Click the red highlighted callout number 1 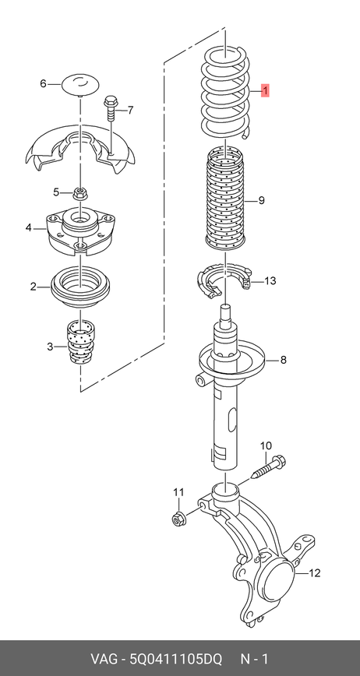point(266,91)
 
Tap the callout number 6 point(43,83)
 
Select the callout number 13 point(270,281)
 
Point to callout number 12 point(315,573)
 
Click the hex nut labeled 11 point(178,519)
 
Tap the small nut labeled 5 point(79,192)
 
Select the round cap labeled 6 point(80,83)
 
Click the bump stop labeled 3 point(80,342)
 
